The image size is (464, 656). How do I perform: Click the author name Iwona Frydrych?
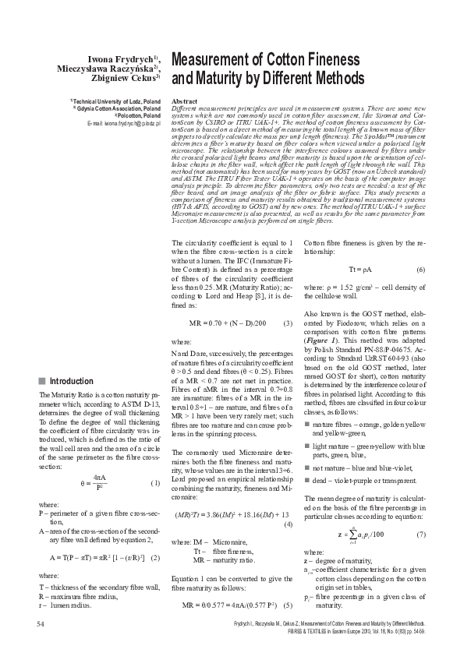point(126,58)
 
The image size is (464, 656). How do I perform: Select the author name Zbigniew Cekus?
point(125,78)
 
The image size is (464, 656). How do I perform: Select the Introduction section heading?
point(71,381)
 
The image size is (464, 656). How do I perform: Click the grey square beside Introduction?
point(41,381)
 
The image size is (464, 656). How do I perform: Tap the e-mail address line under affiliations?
point(124,123)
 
